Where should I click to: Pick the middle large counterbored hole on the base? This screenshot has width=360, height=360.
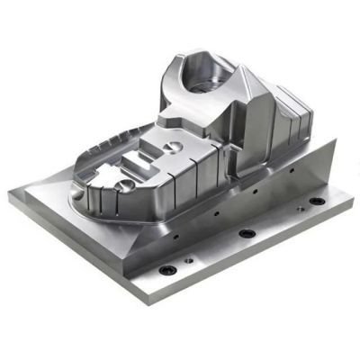[247, 234]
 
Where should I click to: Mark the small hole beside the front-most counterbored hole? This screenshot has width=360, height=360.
[187, 261]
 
